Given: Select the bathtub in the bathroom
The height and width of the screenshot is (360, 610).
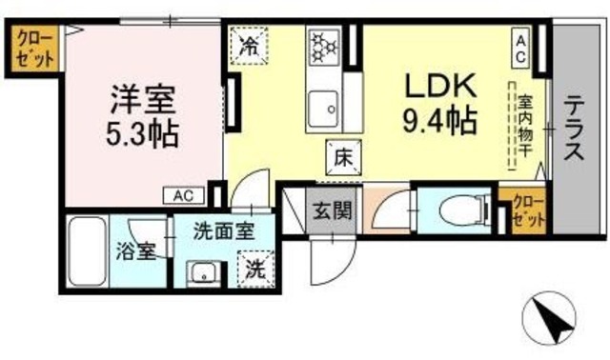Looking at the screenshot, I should pyautogui.click(x=88, y=251).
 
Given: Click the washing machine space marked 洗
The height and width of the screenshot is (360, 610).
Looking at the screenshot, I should pyautogui.click(x=254, y=269).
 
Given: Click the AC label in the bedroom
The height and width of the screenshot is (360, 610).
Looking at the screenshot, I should pyautogui.click(x=184, y=196).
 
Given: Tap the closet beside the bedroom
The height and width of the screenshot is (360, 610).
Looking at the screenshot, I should pyautogui.click(x=35, y=48).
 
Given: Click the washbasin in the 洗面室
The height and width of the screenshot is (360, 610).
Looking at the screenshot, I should pyautogui.click(x=202, y=270).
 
